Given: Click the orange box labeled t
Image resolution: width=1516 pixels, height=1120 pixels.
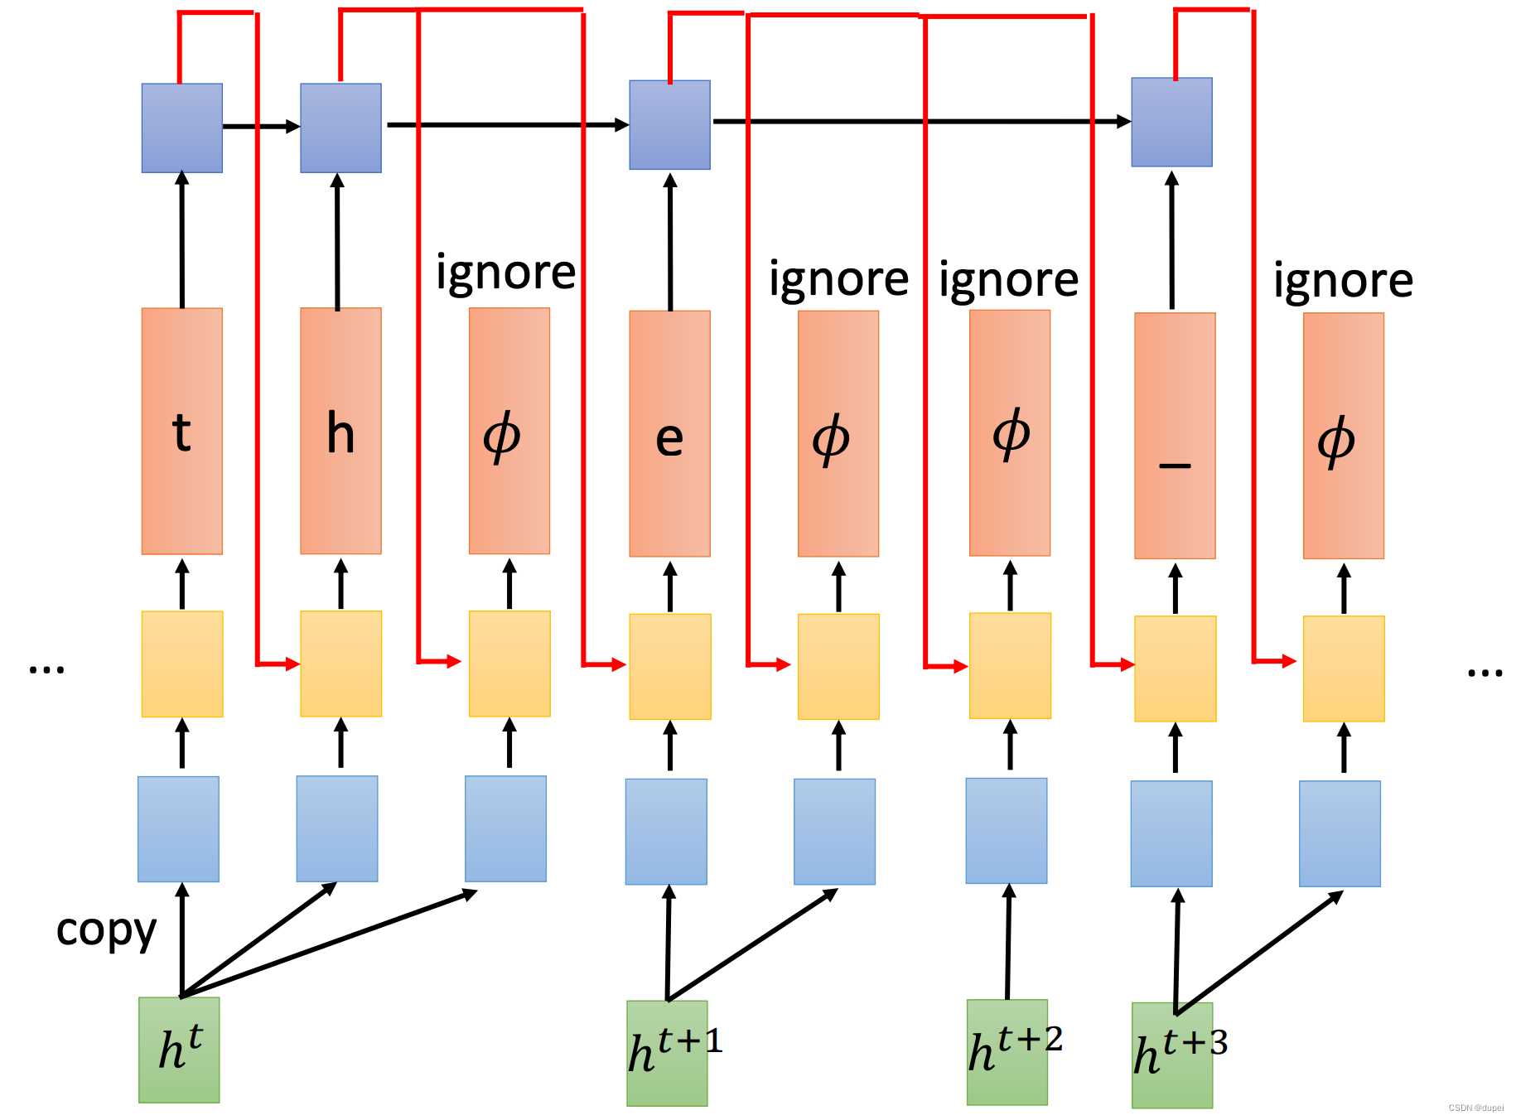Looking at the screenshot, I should click(181, 431).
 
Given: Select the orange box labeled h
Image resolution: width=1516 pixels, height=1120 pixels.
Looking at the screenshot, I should click(340, 431).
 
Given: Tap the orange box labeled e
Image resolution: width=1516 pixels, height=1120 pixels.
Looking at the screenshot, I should click(669, 433).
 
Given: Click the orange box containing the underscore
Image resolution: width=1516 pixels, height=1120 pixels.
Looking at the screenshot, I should click(1175, 436).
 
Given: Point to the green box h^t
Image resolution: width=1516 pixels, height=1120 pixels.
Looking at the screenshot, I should click(179, 1050).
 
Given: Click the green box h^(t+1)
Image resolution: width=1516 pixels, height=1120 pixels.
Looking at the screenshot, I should click(667, 1053).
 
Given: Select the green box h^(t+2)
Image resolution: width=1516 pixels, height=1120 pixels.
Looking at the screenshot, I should click(1007, 1052).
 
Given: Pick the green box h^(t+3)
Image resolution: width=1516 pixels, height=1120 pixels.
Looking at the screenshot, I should click(1172, 1055).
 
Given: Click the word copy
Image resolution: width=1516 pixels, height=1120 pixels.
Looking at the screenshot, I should click(106, 931).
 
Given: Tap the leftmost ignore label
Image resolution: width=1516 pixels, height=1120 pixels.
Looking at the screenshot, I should click(505, 273).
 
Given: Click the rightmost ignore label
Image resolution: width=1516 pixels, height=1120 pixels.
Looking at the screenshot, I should click(1343, 281).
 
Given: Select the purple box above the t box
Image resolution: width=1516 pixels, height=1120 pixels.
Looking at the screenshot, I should click(181, 128).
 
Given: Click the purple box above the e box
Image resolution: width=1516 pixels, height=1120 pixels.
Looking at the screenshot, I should click(669, 125).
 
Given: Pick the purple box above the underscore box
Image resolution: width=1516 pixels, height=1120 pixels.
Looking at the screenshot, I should click(1171, 123).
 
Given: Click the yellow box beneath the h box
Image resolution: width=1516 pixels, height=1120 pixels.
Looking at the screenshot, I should click(340, 664).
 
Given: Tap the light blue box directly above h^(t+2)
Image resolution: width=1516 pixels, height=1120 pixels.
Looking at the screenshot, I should click(1007, 830).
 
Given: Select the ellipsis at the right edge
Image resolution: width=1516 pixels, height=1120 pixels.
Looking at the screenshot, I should click(1485, 673).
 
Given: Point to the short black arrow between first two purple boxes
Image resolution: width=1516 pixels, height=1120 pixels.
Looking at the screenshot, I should click(261, 127).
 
